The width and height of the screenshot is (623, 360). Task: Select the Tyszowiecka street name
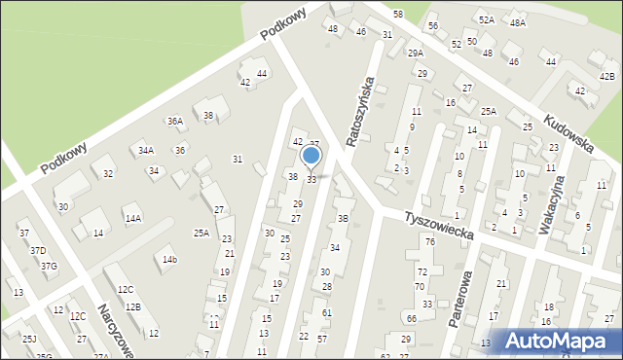coord(441,223)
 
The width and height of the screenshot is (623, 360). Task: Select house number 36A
coord(174,122)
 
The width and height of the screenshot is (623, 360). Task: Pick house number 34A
coord(145,151)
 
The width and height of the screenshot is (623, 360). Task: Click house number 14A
coord(132,219)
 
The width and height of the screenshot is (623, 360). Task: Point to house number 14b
coord(170,260)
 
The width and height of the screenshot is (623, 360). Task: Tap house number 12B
coord(132,307)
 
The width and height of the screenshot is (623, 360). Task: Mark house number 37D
coord(37,251)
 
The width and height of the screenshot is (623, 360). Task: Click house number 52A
coord(486,19)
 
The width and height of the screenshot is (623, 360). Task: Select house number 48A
coord(517,22)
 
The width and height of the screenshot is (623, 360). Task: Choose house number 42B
coord(607,76)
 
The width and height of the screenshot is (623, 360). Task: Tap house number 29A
coord(416,53)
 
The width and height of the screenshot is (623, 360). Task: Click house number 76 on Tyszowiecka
coord(429,240)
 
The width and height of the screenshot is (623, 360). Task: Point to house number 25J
coord(29,339)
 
